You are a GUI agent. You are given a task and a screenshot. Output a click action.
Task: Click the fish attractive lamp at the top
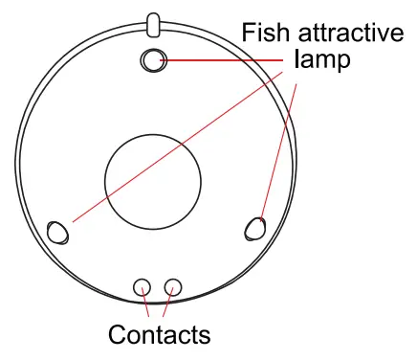click(x=152, y=61)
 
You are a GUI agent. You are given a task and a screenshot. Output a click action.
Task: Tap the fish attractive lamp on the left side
click(x=57, y=232)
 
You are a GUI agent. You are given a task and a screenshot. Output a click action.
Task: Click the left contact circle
click(x=142, y=286)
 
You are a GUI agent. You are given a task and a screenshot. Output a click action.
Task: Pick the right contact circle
click(x=173, y=286)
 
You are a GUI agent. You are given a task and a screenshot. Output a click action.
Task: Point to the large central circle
click(x=153, y=181)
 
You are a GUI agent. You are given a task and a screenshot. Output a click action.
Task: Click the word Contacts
click(x=159, y=335)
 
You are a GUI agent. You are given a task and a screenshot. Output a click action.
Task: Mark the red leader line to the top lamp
click(x=225, y=60)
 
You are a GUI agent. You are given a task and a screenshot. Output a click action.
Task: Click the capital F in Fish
click(x=248, y=34)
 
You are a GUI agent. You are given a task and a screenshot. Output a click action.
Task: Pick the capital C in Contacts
click(x=118, y=335)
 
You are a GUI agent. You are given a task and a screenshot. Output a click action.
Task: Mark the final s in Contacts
click(x=203, y=337)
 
